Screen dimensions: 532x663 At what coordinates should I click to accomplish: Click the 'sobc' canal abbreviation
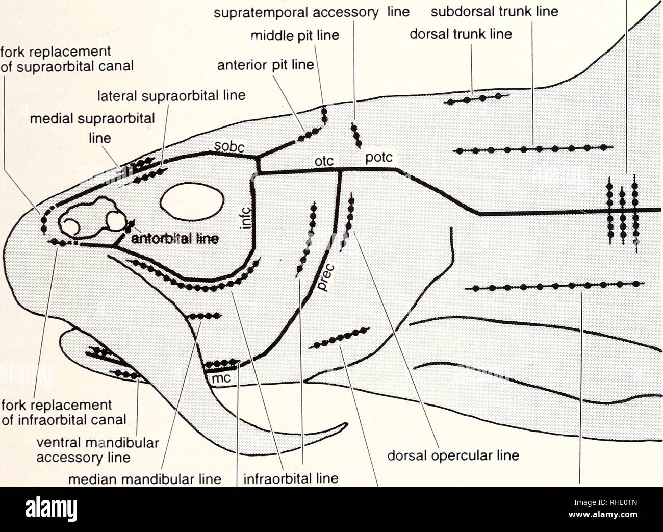(229, 148)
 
